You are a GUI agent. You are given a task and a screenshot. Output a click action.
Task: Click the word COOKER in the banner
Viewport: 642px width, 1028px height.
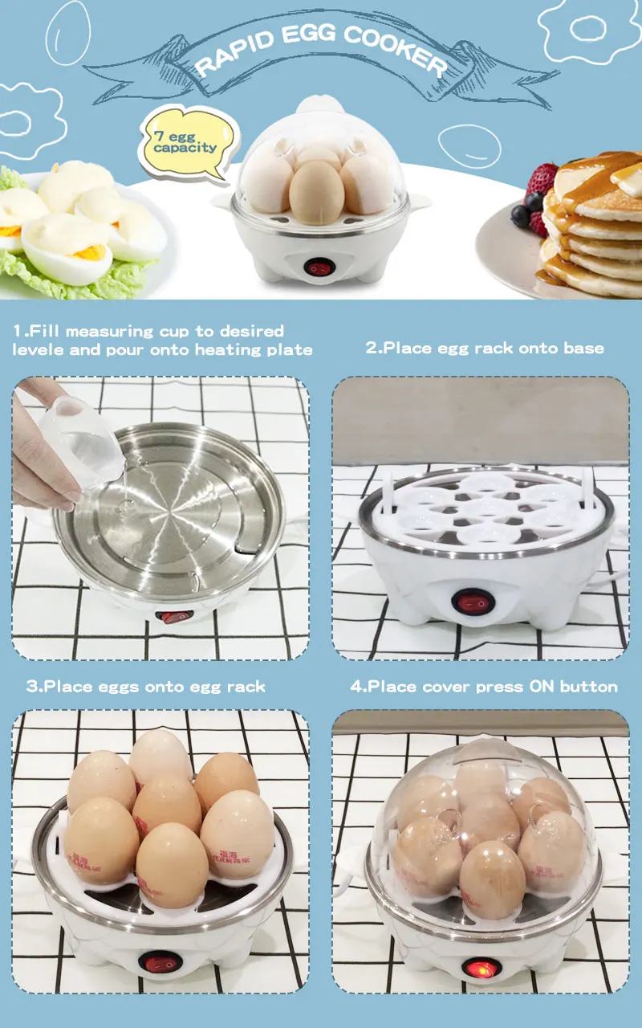(404, 48)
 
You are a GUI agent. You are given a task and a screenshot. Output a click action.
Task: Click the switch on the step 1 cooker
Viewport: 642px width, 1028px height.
(175, 617)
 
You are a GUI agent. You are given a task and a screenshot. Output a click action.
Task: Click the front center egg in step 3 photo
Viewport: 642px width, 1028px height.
(172, 863)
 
